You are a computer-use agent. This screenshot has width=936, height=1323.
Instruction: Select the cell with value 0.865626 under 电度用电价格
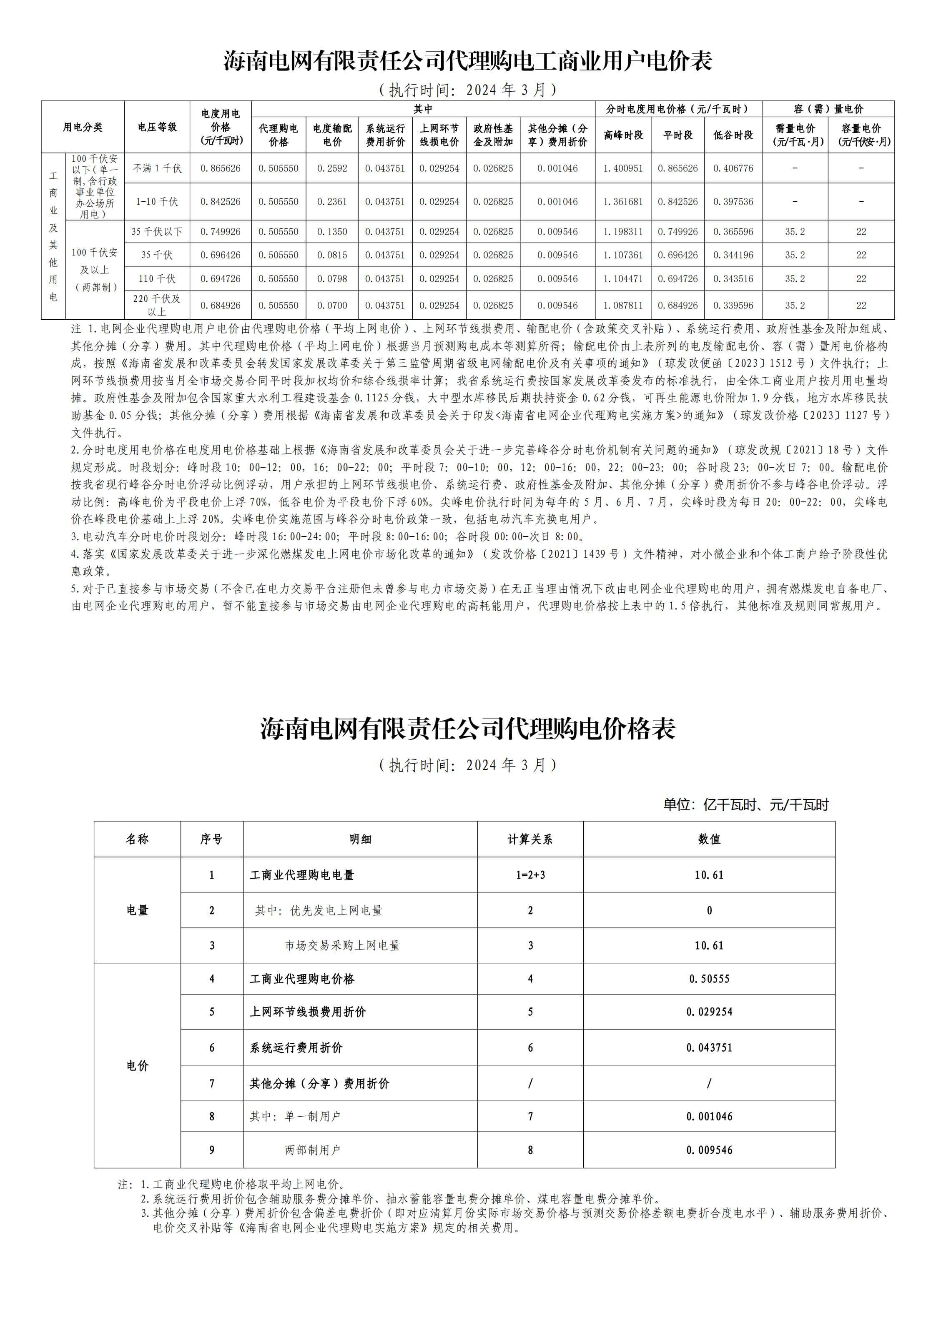pyautogui.click(x=220, y=168)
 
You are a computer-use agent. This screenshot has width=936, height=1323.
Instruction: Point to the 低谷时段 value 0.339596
pyautogui.click(x=733, y=306)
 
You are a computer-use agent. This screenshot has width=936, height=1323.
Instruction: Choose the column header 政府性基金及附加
pyautogui.click(x=493, y=135)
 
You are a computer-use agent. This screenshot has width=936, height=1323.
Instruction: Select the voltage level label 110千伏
pyautogui.click(x=157, y=279)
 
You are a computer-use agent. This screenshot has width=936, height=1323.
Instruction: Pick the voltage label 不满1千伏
pyautogui.click(x=157, y=168)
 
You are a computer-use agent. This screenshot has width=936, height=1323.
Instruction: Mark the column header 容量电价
pyautogui.click(x=861, y=135)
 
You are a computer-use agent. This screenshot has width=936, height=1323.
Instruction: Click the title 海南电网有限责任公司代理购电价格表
pyautogui.click(x=467, y=729)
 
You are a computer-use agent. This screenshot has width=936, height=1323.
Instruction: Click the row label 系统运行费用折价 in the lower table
pyautogui.click(x=296, y=1047)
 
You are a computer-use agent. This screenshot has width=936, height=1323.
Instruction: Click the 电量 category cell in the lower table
pyautogui.click(x=137, y=910)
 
